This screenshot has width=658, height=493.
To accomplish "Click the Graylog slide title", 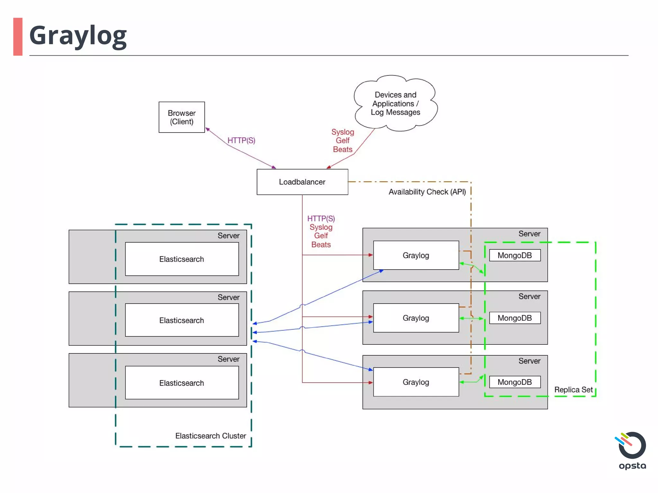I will click(x=78, y=36).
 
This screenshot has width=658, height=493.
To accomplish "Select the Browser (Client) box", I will click(x=182, y=117).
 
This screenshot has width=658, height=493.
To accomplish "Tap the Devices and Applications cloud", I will click(x=395, y=103).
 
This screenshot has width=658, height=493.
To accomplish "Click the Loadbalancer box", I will click(x=302, y=182).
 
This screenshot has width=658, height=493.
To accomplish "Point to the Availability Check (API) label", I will click(x=427, y=192).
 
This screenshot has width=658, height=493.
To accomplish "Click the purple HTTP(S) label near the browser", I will click(x=241, y=141).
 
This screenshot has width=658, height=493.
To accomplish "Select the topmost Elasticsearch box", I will click(x=182, y=259).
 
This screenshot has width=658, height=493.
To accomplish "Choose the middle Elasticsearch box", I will click(x=182, y=320).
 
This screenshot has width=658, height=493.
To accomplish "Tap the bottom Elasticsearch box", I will click(x=182, y=383).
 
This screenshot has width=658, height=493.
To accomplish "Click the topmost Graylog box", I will click(x=416, y=255).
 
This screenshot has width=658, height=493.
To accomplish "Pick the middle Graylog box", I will click(x=416, y=318).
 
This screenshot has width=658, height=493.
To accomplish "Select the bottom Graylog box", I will click(x=416, y=382).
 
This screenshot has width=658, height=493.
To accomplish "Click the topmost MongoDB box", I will click(x=514, y=255).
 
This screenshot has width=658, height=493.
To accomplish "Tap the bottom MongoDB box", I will click(x=514, y=382).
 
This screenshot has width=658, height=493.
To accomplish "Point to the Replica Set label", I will click(x=573, y=390).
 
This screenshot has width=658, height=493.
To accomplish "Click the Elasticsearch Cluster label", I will click(x=210, y=436).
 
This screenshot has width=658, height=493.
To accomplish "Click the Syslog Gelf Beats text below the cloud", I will click(x=342, y=141).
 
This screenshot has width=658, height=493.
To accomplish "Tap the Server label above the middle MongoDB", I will click(x=529, y=297).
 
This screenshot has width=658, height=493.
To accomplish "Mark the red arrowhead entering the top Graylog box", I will click(x=371, y=255).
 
